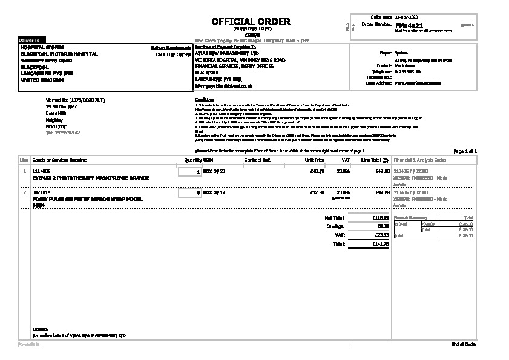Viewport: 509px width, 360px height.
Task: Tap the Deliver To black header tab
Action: coord(30,41)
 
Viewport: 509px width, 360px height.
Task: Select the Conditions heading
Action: coord(205,100)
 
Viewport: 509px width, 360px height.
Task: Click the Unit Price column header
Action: coord(314,160)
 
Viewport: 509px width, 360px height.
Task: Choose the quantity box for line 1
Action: coord(190,172)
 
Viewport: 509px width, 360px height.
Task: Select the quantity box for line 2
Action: coord(190,193)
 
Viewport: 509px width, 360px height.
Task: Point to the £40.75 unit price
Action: coord(317,172)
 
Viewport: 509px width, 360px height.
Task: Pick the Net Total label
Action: coord(334,217)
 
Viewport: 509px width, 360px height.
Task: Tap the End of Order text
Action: coord(464,344)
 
